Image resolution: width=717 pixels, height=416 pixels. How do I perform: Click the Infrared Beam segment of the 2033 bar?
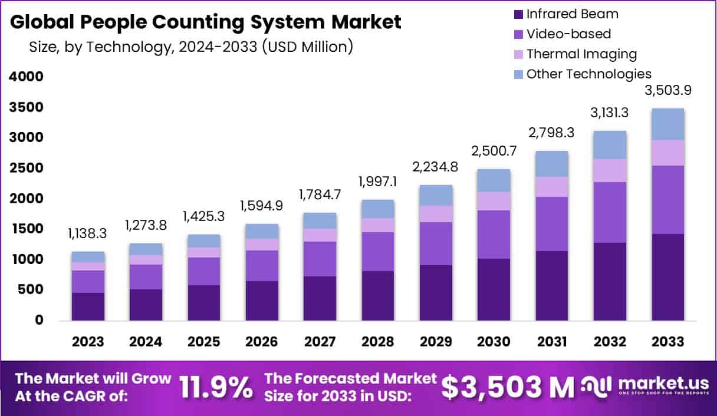(667, 277)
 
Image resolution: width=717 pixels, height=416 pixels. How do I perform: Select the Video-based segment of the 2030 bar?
(494, 234)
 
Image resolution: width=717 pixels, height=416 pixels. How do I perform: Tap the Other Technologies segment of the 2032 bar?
(610, 144)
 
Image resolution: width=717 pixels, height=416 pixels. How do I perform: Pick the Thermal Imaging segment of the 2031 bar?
(551, 187)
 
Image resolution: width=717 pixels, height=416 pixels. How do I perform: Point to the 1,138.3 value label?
(88, 234)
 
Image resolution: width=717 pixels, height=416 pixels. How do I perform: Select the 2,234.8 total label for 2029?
(436, 167)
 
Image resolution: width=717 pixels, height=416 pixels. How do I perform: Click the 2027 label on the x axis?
(320, 342)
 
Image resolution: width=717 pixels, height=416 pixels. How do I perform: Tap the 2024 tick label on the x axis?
(146, 342)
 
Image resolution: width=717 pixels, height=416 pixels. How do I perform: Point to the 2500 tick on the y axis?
(27, 168)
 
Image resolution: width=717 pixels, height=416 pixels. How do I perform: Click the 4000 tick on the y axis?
(27, 77)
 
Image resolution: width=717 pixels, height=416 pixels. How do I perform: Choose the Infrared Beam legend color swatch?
(518, 14)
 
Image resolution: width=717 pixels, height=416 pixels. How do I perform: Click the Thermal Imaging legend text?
(581, 54)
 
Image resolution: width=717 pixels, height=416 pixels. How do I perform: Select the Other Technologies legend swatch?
(518, 74)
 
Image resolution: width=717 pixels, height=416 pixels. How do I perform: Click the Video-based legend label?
(568, 34)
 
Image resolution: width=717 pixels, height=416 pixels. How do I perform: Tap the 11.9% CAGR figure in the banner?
(216, 387)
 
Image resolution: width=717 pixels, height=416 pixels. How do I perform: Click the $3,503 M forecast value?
(507, 387)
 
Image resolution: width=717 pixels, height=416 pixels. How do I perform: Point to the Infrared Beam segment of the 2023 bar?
(88, 306)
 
